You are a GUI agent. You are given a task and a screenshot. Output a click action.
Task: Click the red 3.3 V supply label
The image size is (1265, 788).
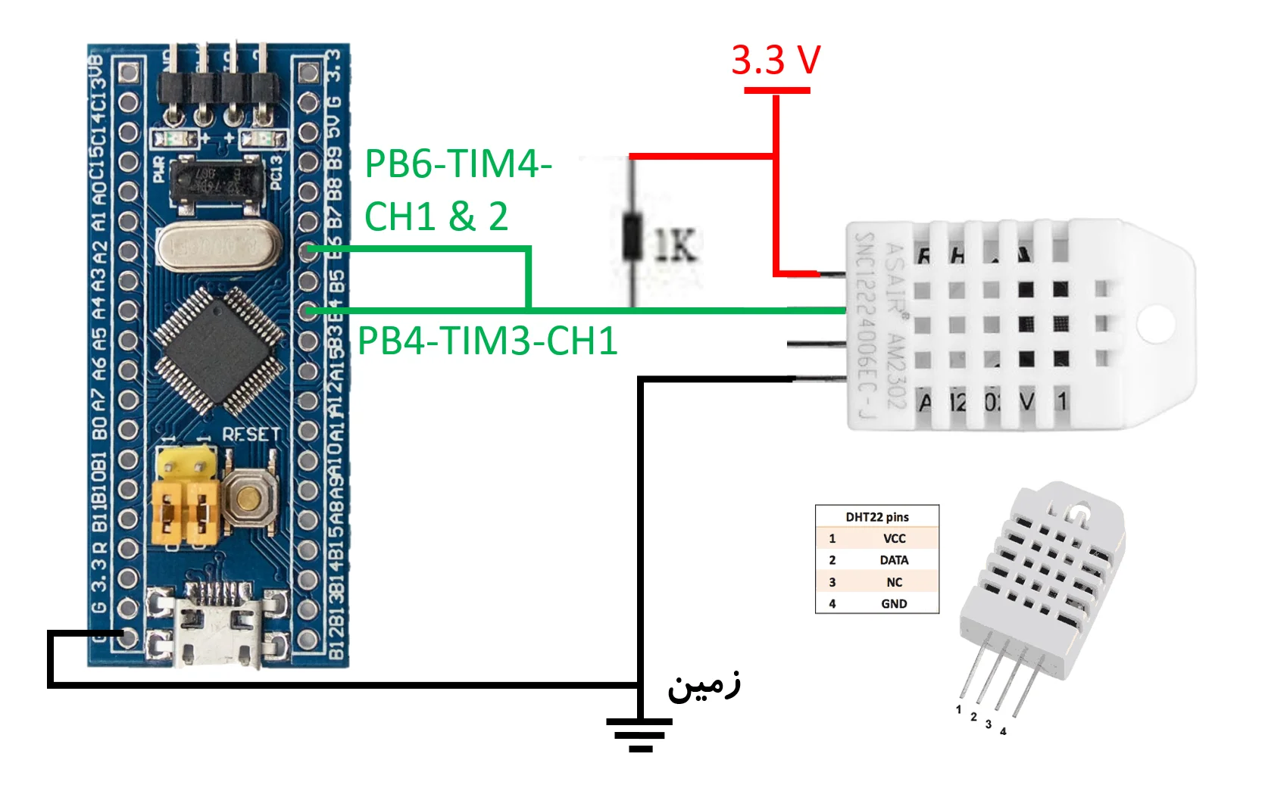coord(776,60)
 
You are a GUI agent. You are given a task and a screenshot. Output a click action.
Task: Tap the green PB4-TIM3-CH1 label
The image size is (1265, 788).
coord(487,341)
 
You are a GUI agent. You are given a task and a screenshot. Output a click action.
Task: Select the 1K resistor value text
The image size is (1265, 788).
coord(675,245)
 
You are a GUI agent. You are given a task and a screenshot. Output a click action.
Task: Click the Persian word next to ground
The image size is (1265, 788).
coord(703,684)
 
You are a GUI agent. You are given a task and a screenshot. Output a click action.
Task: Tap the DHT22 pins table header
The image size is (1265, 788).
coord(876,517)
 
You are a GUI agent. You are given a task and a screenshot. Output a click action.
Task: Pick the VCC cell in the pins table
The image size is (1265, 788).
coord(894,539)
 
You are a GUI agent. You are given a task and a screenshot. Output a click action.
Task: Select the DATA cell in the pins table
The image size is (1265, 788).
coord(894,560)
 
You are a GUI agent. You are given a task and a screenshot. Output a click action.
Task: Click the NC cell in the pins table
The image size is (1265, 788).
coord(894,582)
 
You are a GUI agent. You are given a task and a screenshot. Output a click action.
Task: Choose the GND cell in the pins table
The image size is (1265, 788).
coord(894,604)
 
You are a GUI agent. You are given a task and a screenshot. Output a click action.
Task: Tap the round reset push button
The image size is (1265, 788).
coord(246,497)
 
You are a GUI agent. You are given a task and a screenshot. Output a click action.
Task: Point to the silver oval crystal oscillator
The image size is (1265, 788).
coord(219,247)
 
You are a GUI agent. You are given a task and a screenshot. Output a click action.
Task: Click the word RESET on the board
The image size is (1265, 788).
coord(251,434)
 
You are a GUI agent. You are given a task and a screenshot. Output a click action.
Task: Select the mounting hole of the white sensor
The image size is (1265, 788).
coord(1155,324)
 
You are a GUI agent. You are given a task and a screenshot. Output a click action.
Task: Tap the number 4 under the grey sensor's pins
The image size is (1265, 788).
coord(1003,731)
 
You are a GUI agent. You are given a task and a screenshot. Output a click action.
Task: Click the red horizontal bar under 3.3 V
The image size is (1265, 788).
coord(777,91)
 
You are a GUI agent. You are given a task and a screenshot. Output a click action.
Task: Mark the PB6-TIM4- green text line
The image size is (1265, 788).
coord(458,164)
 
